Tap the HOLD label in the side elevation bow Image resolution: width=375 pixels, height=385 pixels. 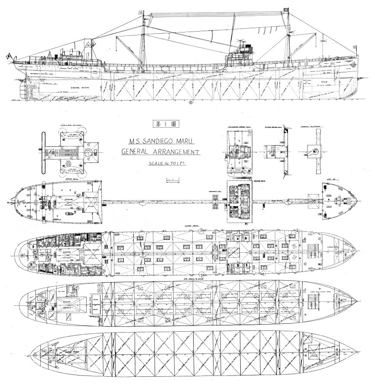(333, 81)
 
